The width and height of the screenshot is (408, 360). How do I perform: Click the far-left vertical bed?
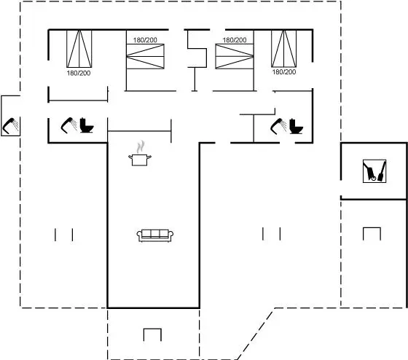tap(79, 49)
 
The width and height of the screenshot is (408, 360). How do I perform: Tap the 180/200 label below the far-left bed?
tap(79, 73)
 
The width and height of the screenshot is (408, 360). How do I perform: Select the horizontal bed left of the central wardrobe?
tap(145, 56)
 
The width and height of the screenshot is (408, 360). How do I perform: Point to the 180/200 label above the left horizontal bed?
tap(145, 40)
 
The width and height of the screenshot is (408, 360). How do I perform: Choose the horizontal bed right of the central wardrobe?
tap(235, 56)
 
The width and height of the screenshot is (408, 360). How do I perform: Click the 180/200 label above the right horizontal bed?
tap(235, 40)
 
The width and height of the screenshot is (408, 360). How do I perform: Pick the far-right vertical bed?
tap(284, 49)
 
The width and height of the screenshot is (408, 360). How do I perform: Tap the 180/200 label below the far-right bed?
tap(284, 71)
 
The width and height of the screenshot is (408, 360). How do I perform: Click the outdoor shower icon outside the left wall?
tap(11, 126)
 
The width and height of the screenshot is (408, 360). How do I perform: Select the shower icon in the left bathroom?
tap(69, 125)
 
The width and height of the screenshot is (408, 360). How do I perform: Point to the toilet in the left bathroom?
tap(87, 125)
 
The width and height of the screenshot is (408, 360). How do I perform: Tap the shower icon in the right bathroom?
tap(278, 126)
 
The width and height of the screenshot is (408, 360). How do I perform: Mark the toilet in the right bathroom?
tap(296, 126)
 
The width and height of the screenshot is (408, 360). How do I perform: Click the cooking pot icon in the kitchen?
tap(140, 160)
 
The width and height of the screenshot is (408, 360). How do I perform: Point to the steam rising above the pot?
tap(141, 146)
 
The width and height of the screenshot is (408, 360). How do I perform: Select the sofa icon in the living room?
tap(155, 235)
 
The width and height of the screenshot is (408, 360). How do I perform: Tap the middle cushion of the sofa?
tap(155, 233)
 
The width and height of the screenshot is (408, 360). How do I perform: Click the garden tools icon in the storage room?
tap(374, 171)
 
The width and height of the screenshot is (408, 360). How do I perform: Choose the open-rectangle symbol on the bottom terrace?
tap(152, 329)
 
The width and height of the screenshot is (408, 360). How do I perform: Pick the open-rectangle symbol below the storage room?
tap(372, 228)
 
